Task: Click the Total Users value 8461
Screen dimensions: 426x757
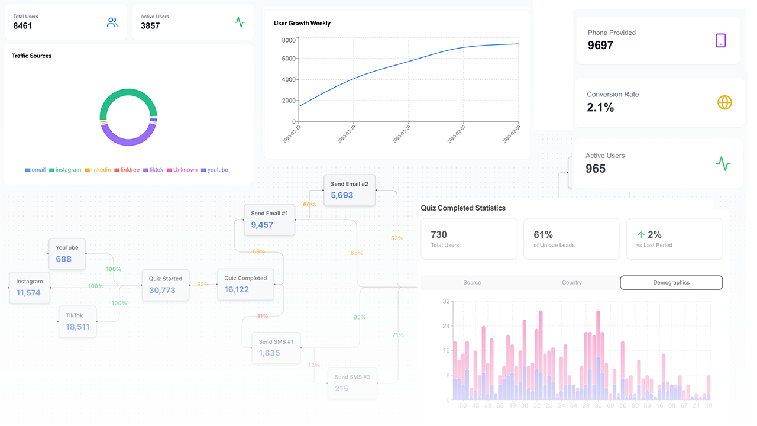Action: (22, 26)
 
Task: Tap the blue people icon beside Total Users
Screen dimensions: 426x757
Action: (112, 22)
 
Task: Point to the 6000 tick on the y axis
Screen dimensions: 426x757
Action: (289, 58)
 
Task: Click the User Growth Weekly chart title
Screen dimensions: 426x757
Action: (302, 24)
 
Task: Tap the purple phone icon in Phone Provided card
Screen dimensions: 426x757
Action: (720, 40)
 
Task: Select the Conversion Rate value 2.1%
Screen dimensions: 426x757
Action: (600, 108)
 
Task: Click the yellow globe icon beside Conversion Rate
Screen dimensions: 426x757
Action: (724, 102)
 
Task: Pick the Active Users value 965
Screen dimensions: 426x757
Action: (596, 169)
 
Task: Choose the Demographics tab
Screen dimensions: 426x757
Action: (671, 283)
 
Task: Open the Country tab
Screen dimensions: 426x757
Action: (572, 283)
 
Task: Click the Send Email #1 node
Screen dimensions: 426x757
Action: (270, 220)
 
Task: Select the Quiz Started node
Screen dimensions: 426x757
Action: (165, 285)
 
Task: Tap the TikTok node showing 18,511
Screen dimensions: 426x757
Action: (77, 321)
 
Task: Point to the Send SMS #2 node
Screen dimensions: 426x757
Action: (352, 383)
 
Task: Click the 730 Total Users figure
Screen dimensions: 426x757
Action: (439, 235)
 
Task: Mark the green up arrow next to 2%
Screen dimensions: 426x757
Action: (641, 235)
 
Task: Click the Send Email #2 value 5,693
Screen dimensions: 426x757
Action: (342, 195)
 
